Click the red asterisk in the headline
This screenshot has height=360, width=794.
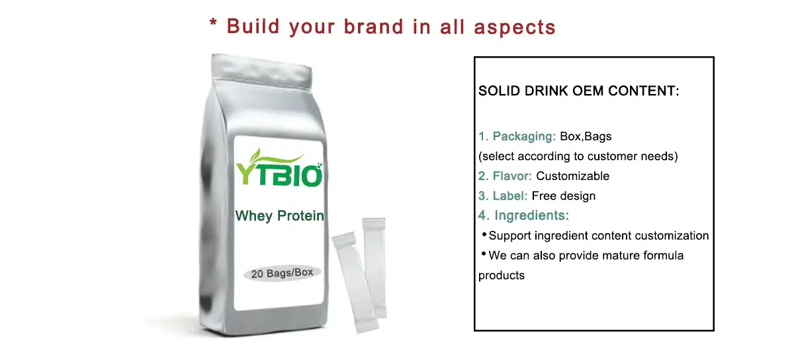click(214, 25)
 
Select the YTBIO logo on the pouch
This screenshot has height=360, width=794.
click(279, 173)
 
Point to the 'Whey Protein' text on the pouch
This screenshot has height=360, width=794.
click(280, 216)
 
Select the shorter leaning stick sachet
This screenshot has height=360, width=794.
click(354, 281)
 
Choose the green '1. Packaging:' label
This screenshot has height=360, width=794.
click(517, 137)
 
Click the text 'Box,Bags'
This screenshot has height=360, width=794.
click(586, 137)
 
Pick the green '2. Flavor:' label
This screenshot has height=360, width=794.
click(505, 176)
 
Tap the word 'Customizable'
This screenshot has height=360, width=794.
click(572, 176)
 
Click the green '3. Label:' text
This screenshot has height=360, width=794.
click(503, 196)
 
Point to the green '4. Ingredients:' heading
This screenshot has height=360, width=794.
click(523, 216)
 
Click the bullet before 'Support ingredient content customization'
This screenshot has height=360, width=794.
click(484, 235)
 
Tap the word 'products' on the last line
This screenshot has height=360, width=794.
click(501, 275)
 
